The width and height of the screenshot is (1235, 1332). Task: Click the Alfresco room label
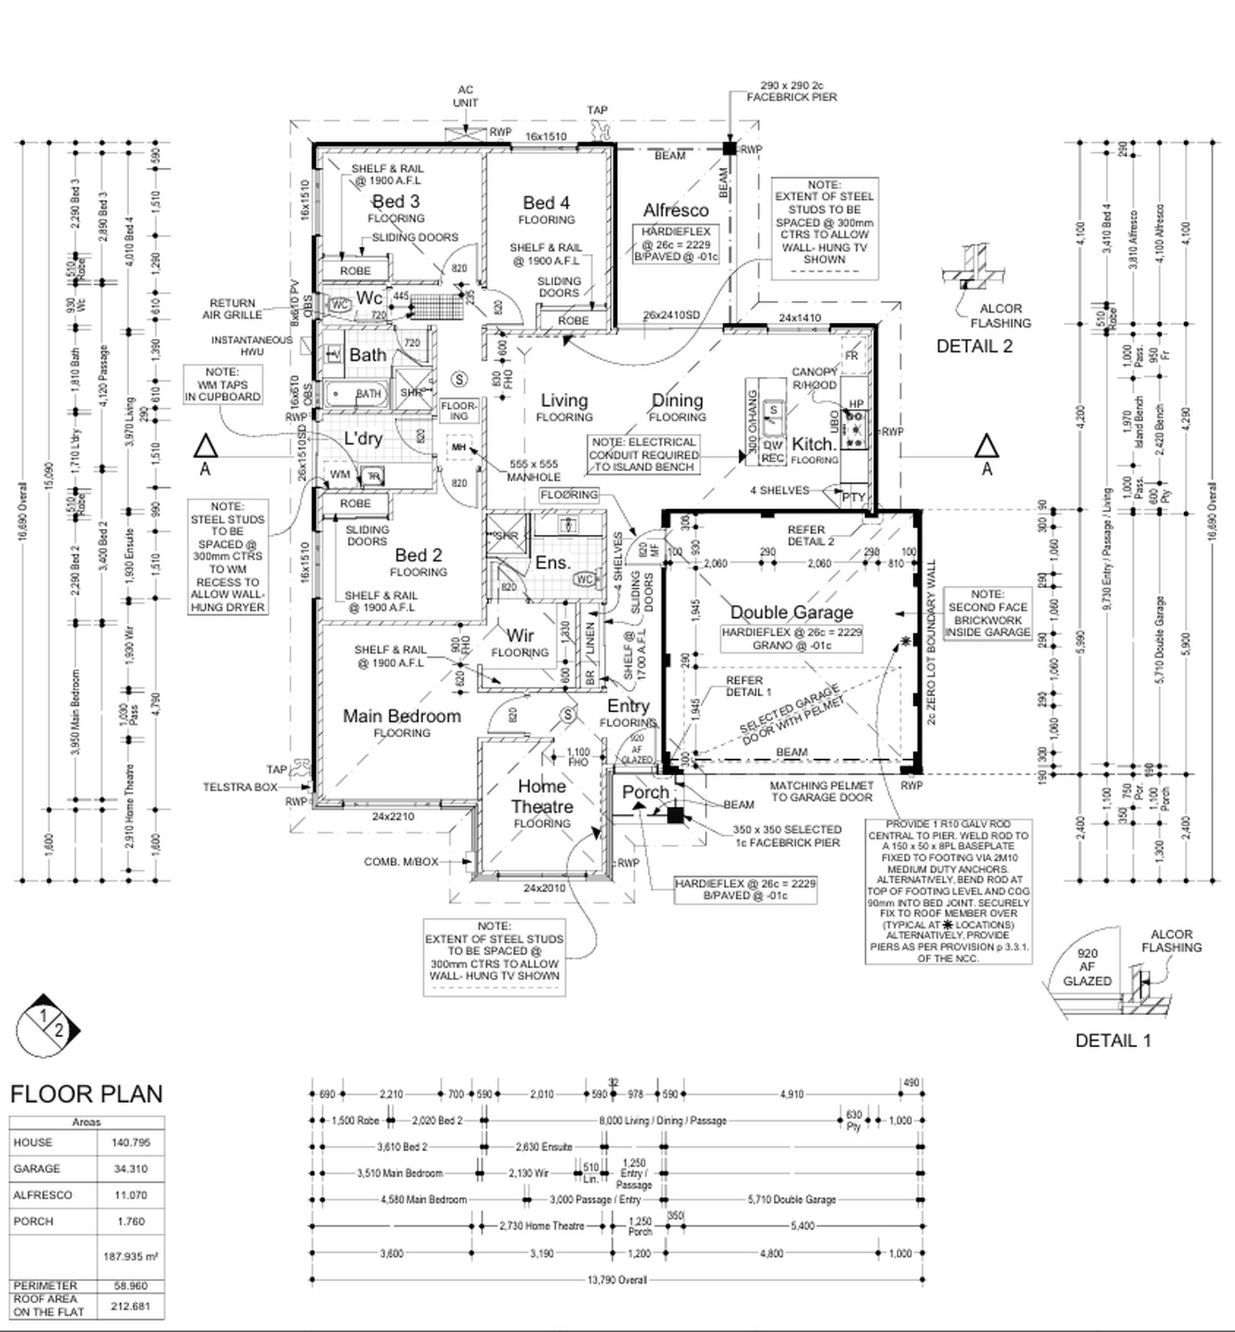click(x=675, y=210)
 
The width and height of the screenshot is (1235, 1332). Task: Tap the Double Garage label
click(x=791, y=612)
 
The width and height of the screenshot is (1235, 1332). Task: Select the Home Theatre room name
click(x=542, y=797)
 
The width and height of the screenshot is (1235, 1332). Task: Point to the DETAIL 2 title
click(x=974, y=346)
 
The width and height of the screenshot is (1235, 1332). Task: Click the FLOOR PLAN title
click(x=87, y=1093)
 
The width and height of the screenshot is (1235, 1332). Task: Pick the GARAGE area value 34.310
click(x=131, y=1168)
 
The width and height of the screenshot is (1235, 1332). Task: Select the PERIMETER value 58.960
click(x=131, y=1285)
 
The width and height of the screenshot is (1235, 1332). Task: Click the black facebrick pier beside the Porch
click(x=675, y=816)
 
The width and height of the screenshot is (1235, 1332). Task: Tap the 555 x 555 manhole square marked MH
click(x=459, y=447)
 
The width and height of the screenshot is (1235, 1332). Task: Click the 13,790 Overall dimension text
click(x=617, y=1280)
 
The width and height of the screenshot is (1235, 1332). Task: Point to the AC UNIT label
click(x=465, y=96)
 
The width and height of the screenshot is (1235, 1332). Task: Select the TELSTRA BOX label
click(x=239, y=787)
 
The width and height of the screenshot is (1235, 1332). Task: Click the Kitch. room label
click(x=813, y=444)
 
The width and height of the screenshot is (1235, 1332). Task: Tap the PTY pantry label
click(x=854, y=497)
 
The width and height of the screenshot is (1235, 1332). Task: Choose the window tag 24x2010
click(x=544, y=888)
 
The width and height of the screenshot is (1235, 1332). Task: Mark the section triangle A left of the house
click(x=205, y=446)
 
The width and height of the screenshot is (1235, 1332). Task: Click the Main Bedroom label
click(x=401, y=716)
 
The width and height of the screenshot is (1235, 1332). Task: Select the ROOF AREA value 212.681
click(x=131, y=1306)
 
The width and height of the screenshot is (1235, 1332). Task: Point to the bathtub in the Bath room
click(x=355, y=394)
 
